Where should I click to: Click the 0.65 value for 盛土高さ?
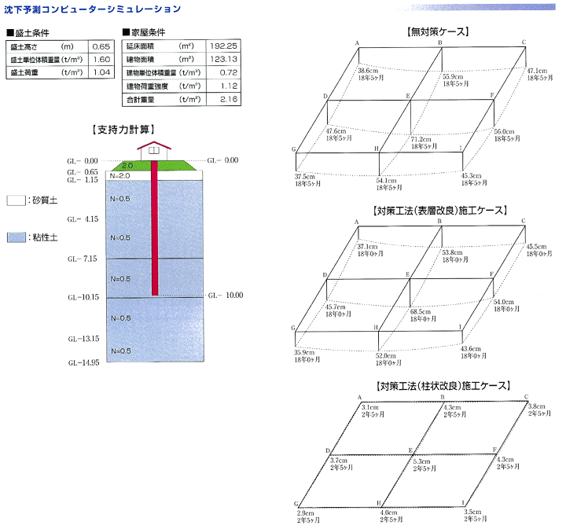101,46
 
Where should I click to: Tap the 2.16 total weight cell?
228,100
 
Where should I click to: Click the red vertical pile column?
153,228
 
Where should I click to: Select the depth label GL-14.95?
83,363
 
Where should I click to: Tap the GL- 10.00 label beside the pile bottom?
225,296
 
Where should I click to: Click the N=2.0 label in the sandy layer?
120,175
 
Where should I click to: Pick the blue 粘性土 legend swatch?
16,237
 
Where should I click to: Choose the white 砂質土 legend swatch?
16,200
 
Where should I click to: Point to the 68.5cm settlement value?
420,311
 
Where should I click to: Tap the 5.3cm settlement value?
423,461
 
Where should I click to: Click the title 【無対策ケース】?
436,32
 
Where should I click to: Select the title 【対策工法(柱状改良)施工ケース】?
436,387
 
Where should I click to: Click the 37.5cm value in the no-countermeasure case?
305,176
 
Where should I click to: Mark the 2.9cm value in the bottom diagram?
306,512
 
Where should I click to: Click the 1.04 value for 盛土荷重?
101,72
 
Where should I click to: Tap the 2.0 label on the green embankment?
127,166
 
